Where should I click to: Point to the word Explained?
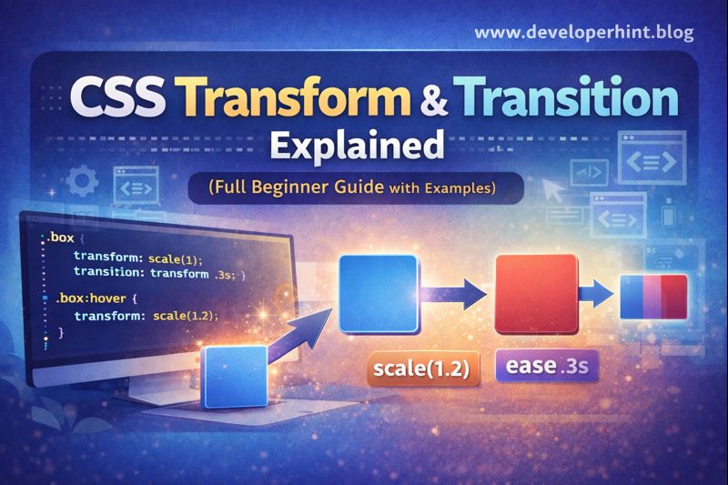point(364,146)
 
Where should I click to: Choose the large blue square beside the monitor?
point(378,293)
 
